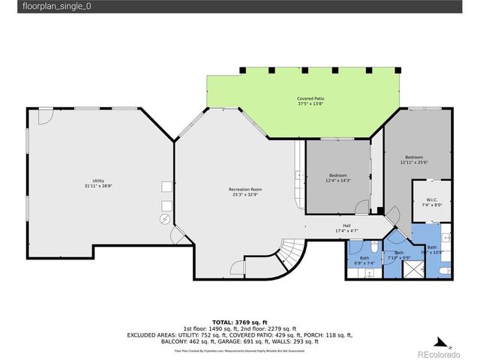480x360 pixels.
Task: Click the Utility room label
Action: (98, 181)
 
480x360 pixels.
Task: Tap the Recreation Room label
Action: (245, 190)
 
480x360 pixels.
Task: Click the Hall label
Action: (346, 225)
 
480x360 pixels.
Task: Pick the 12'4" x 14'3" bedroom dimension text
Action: (337, 180)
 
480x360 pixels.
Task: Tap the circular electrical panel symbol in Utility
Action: (164, 219)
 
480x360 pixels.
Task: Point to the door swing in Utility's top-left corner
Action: (45, 116)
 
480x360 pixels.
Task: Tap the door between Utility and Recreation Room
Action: (178, 236)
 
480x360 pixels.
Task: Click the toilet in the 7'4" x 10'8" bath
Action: (445, 237)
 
